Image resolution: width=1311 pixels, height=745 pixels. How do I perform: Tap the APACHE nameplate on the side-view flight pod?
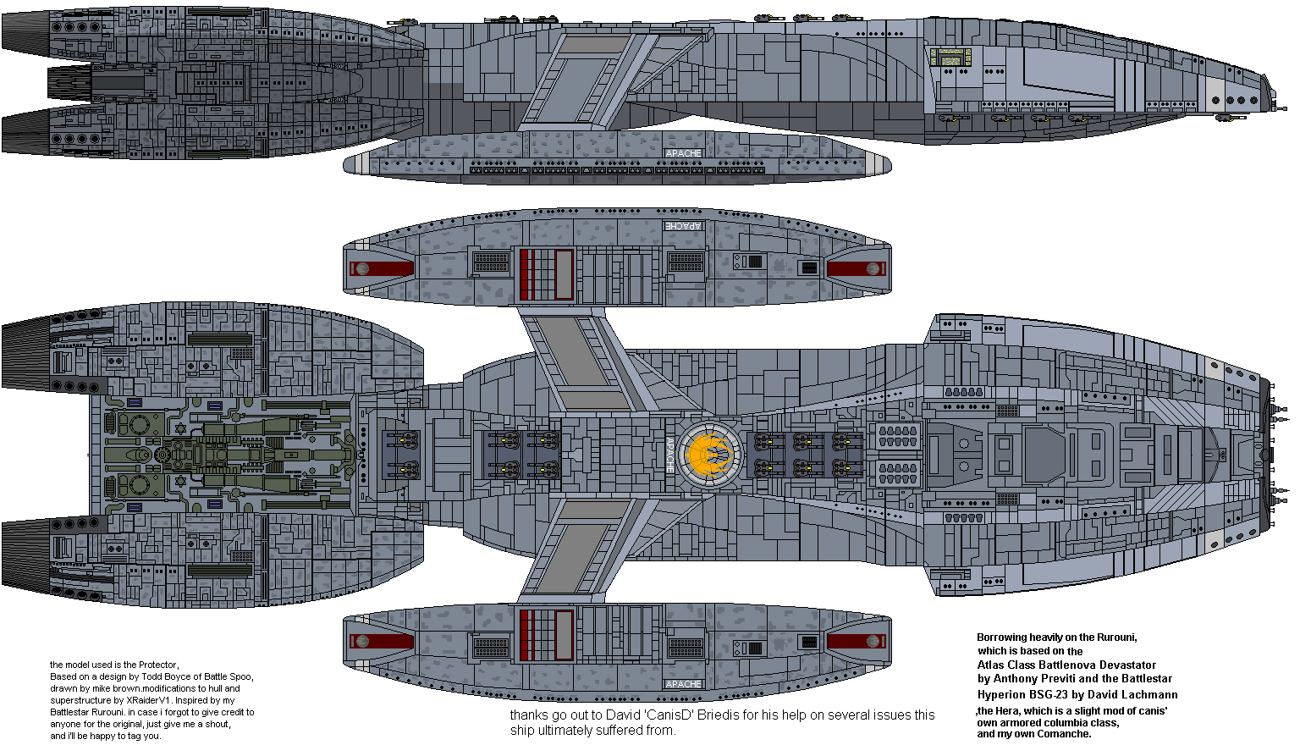(x=683, y=153)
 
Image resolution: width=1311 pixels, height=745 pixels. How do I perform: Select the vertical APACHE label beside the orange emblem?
(x=669, y=455)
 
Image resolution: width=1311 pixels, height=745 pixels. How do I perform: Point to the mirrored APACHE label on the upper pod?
(x=683, y=226)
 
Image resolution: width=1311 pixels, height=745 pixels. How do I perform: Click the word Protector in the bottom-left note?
(x=158, y=665)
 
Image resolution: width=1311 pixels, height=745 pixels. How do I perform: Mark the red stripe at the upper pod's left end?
(x=381, y=269)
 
